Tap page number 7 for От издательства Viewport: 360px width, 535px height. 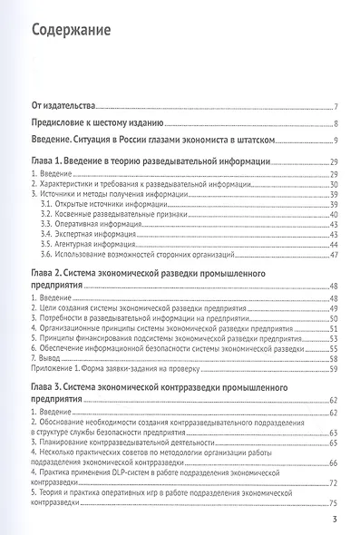[336, 106]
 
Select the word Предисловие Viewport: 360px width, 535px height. [62, 123]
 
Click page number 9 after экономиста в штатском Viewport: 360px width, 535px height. [336, 140]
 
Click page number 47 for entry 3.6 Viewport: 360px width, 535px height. [334, 255]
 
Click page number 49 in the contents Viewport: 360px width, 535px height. [334, 308]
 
